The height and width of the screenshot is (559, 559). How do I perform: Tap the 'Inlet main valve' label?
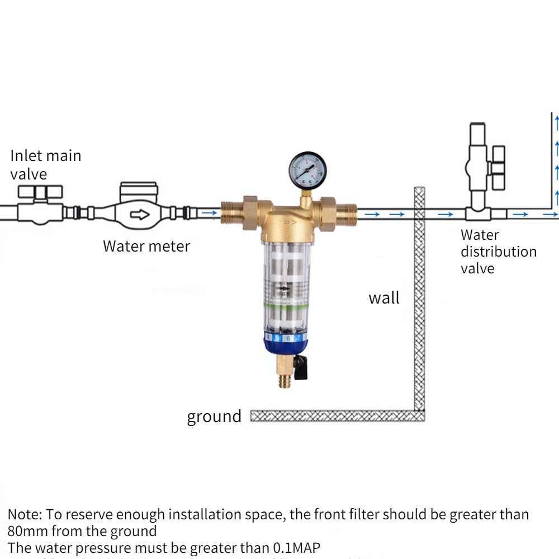(x=46, y=164)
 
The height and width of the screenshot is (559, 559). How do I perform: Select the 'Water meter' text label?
(x=146, y=246)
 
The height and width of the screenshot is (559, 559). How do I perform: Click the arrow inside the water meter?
(x=139, y=214)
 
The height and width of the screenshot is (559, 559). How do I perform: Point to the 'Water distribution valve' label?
(x=498, y=252)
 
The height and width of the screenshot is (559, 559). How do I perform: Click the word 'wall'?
(x=384, y=298)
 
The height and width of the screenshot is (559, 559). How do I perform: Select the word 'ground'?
(x=214, y=416)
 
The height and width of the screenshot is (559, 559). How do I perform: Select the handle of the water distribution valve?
(x=498, y=162)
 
